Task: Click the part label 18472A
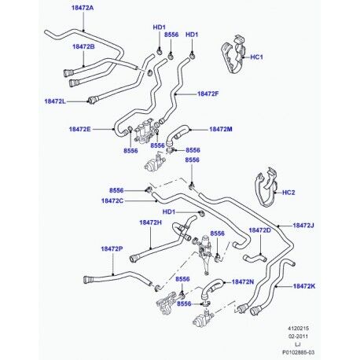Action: [83, 8]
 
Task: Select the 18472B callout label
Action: [83, 46]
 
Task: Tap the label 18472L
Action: [55, 101]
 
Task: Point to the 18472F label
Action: [208, 94]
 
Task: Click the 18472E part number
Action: [80, 129]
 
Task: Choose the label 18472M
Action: [221, 129]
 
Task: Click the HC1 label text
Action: [257, 57]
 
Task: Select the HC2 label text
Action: [288, 193]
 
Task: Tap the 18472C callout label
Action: [112, 201]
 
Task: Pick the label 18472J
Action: [303, 226]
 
